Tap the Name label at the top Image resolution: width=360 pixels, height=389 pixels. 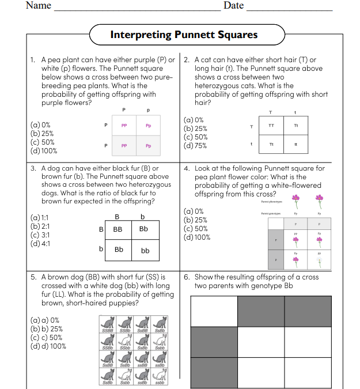(39, 6)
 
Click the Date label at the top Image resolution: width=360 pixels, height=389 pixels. (233, 6)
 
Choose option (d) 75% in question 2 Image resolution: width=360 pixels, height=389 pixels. (195, 146)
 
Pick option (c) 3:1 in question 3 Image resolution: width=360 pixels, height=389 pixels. (39, 235)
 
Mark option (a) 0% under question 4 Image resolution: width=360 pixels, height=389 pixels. (193, 212)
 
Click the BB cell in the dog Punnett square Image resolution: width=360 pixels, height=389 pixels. (118, 229)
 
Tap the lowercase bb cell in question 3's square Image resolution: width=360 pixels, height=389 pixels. (145, 251)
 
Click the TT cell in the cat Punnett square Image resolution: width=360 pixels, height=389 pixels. (271, 126)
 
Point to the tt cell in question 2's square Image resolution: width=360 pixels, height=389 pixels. (295, 145)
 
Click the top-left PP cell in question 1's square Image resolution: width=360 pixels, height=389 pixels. (124, 126)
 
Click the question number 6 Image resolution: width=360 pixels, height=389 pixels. (187, 277)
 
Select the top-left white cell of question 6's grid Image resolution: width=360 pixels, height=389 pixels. (213, 311)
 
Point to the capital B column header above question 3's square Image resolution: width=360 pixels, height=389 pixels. (118, 217)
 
